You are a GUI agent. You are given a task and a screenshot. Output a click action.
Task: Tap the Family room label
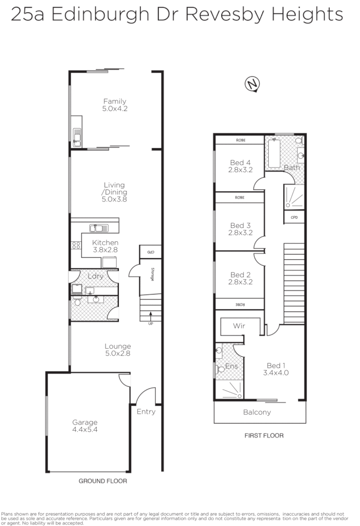point(114,105)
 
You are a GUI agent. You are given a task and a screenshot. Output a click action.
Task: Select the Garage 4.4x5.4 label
point(84,426)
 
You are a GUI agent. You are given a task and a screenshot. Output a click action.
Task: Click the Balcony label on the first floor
point(258,412)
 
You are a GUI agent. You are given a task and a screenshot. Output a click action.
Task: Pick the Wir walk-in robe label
point(239,326)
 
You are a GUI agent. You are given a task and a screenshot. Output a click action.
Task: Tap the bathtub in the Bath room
point(274,153)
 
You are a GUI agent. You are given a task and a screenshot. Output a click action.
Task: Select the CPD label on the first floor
point(294,217)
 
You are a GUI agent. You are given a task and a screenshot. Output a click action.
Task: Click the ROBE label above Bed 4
point(240,140)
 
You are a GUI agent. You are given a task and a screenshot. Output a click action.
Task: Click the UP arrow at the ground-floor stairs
point(151,319)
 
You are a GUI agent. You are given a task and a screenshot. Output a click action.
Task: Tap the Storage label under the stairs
point(152,275)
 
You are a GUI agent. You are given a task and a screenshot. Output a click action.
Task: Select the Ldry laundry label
point(96,276)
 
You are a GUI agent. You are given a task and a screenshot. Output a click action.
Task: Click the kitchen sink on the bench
point(96,228)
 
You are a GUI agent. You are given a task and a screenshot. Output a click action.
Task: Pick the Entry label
point(146,411)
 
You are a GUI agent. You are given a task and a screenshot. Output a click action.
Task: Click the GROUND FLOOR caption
point(102,481)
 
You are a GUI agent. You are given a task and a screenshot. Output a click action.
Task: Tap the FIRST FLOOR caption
point(264,436)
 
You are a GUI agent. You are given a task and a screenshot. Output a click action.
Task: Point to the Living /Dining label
point(114,192)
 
